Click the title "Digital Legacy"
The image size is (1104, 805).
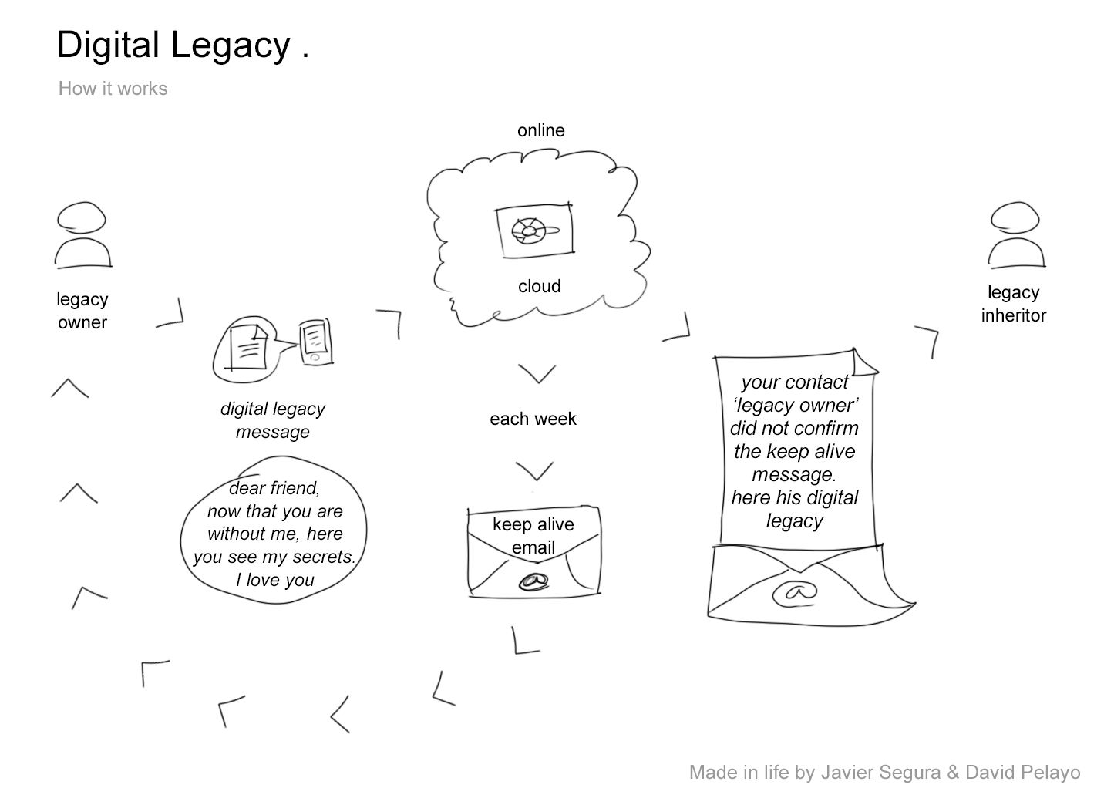(x=173, y=45)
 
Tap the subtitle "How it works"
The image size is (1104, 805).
(x=113, y=89)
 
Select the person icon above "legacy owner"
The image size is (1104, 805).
(x=82, y=234)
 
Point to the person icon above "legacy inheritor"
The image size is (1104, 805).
(x=1016, y=234)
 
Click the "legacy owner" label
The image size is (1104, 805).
(x=82, y=311)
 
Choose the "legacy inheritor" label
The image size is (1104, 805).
(x=1013, y=304)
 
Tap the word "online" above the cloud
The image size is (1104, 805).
(x=540, y=130)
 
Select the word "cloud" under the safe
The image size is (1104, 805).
(x=539, y=286)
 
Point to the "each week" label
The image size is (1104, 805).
(x=533, y=419)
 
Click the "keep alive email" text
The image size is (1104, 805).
(x=533, y=536)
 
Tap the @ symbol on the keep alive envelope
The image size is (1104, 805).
(x=533, y=582)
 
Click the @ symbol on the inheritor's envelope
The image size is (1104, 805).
(x=795, y=592)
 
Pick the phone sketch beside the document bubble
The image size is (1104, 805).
(x=315, y=342)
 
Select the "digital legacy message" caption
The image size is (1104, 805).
(x=273, y=420)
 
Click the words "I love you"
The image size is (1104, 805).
(x=275, y=580)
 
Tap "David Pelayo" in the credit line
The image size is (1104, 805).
(x=1022, y=773)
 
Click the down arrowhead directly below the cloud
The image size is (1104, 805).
(x=537, y=374)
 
